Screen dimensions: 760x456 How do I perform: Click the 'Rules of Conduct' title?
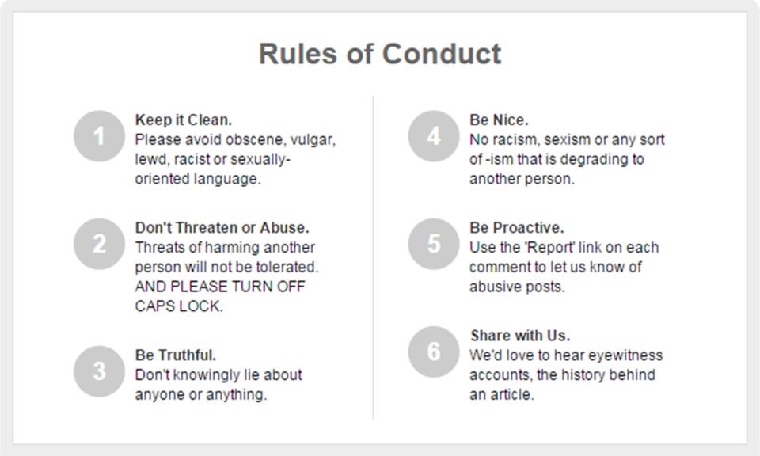(380, 53)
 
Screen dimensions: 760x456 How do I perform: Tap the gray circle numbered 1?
(100, 135)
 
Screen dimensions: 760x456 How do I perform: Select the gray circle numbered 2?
(100, 244)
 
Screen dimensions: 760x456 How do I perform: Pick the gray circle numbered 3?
(100, 371)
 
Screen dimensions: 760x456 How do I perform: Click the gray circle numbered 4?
(434, 135)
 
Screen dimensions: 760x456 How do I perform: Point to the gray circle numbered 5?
(434, 244)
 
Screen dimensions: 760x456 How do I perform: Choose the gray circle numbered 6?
(434, 351)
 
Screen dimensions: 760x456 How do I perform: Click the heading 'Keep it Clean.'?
(183, 120)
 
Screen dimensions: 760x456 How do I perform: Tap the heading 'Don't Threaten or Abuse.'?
(222, 228)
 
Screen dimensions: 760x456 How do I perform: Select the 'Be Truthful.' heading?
(176, 355)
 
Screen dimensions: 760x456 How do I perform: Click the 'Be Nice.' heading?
(499, 120)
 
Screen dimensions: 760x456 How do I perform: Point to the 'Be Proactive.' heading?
(517, 228)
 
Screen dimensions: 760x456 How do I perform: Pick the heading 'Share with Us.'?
(520, 336)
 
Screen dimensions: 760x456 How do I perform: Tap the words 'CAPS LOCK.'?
(179, 306)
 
